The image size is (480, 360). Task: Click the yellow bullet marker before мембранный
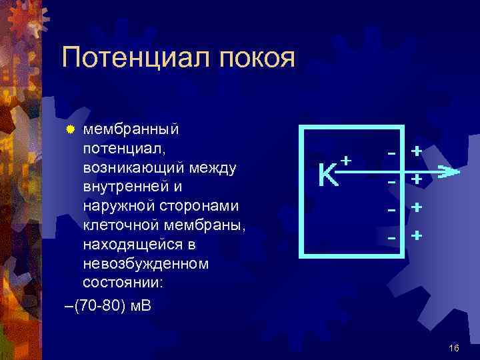(x=73, y=127)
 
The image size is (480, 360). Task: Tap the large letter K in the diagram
(x=327, y=175)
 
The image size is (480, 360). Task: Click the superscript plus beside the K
(x=345, y=161)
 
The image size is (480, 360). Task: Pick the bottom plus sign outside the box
(x=417, y=236)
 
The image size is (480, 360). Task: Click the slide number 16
(x=455, y=348)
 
